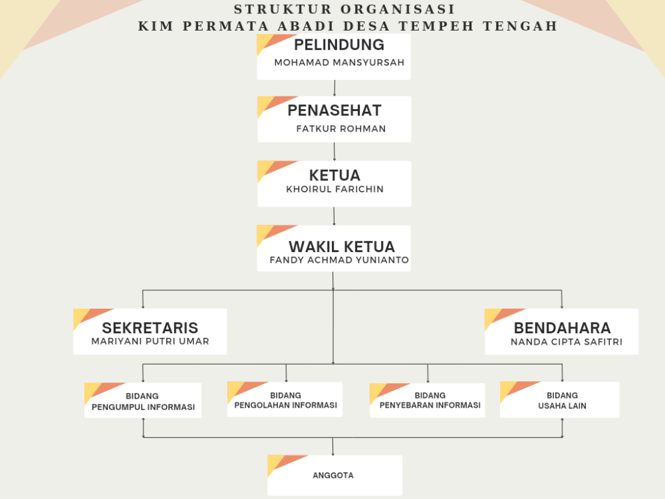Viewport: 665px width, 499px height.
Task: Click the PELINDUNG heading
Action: coord(339,45)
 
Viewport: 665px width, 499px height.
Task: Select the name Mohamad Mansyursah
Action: coord(339,63)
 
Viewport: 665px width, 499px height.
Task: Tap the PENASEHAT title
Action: coord(334,110)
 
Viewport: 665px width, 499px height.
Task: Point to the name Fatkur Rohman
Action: coord(341,128)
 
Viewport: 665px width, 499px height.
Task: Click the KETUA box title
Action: coord(334,175)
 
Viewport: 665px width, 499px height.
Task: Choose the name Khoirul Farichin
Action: coord(334,189)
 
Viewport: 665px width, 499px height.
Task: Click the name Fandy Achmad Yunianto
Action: coord(339,259)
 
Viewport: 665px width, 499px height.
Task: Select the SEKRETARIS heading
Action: coord(150,328)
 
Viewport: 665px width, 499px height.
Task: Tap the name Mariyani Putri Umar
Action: coord(150,341)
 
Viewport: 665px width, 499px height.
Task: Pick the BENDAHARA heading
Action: coord(563,328)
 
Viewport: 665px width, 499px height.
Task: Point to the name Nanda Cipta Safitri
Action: coord(567,341)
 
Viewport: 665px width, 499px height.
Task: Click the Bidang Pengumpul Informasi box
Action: coord(143,400)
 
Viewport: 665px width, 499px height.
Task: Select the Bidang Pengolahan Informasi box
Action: coord(285,399)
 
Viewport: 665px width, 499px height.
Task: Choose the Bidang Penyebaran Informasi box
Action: coord(428,400)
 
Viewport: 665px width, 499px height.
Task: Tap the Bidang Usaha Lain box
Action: coord(560,400)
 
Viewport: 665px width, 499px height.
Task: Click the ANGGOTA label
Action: coord(333,475)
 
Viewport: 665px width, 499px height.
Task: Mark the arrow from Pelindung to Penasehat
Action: coord(334,88)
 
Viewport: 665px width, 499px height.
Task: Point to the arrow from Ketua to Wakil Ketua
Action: coord(334,216)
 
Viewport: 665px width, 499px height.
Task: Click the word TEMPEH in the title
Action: coord(436,26)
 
